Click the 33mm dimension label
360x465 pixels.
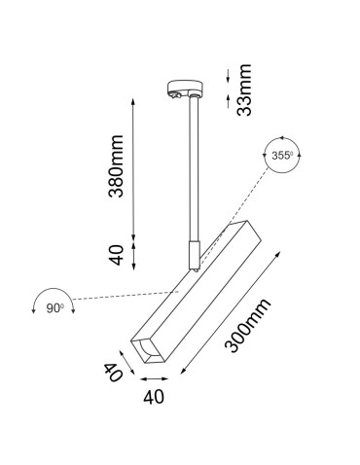[x=244, y=89]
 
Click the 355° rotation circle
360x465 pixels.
[x=283, y=155]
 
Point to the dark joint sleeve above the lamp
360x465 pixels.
[x=195, y=253]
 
